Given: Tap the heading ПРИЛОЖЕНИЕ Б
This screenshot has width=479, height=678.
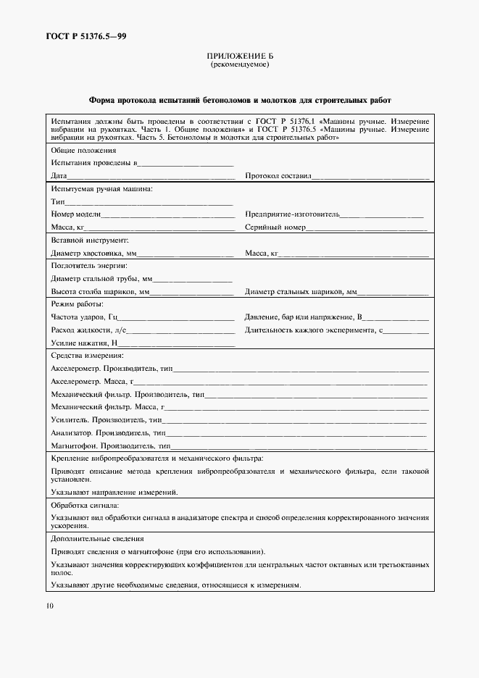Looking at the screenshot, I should [239, 56].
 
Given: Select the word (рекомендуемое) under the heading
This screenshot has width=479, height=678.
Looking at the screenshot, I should [239, 64].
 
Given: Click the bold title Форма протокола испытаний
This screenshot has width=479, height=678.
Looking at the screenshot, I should [239, 101].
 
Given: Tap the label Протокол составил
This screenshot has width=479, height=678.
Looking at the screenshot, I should [278, 176].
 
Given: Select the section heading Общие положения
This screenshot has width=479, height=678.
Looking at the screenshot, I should [83, 151].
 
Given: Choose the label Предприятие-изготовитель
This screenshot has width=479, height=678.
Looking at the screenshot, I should [291, 215].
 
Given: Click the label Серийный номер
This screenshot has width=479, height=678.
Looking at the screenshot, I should [275, 227].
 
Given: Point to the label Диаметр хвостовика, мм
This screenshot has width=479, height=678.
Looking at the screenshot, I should [93, 254].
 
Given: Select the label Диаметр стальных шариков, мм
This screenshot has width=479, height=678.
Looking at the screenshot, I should [301, 292].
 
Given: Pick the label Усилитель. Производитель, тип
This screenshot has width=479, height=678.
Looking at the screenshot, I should [106, 420].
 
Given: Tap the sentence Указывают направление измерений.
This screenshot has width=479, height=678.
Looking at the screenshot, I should [114, 491].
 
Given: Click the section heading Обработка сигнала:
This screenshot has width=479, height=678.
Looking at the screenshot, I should [85, 504].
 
